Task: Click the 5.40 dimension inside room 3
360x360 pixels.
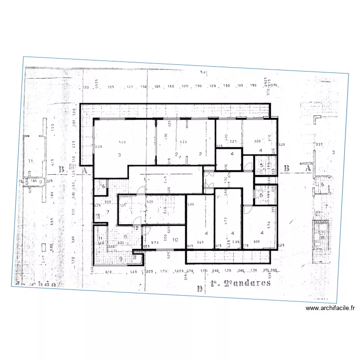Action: pyautogui.click(x=122, y=143)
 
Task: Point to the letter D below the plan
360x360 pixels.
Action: pyautogui.click(x=199, y=288)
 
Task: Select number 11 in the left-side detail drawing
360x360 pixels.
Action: pyautogui.click(x=31, y=160)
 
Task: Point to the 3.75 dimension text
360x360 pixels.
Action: pyautogui.click(x=155, y=243)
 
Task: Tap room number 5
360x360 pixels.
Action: pyautogui.click(x=261, y=195)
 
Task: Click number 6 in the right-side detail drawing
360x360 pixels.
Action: pyautogui.click(x=323, y=185)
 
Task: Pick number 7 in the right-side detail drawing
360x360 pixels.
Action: pyautogui.click(x=326, y=207)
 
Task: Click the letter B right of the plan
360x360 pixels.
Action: pyautogui.click(x=287, y=168)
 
